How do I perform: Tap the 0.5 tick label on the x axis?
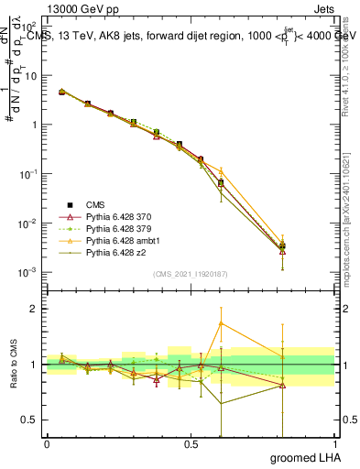(x=191, y=444)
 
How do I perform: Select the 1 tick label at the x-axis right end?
(x=334, y=444)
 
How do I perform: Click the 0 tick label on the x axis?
(x=47, y=444)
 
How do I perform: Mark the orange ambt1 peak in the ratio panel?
(x=220, y=322)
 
